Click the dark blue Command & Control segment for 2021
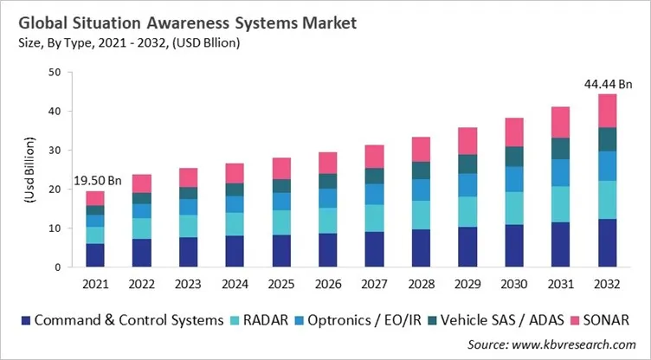(x=94, y=255)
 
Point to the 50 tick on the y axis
(x=54, y=72)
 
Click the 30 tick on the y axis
(x=54, y=150)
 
